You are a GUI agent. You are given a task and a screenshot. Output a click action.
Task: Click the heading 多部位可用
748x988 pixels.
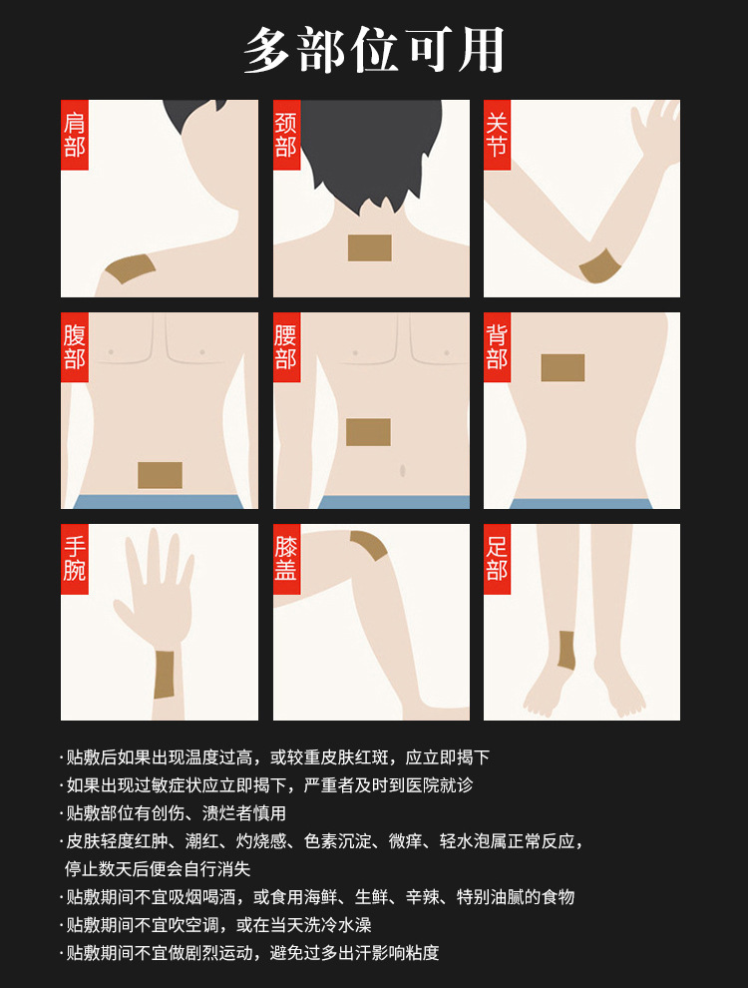[x=374, y=50]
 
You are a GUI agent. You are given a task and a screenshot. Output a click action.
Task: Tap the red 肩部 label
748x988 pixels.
[x=74, y=135]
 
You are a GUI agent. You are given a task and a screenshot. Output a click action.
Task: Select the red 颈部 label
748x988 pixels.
[x=286, y=135]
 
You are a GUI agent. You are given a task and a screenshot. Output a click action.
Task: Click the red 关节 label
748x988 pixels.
[x=497, y=135]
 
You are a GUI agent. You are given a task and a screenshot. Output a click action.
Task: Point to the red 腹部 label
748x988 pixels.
[x=74, y=347]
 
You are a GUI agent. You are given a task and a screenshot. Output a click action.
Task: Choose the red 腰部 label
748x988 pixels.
[x=286, y=347]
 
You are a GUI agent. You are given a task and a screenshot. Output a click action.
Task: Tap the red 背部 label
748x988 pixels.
[x=497, y=347]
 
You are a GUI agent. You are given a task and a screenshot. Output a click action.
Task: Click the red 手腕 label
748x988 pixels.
[x=74, y=559]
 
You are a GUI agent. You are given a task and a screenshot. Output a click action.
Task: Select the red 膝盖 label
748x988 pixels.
[x=286, y=559]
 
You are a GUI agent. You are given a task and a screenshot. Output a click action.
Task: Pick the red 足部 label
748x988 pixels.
[x=497, y=559]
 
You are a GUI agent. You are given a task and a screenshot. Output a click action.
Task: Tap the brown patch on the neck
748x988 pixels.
[x=370, y=247]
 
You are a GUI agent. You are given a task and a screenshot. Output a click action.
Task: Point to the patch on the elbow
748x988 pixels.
[x=599, y=266]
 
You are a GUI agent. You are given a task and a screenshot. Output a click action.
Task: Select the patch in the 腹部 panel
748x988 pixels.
[x=160, y=475]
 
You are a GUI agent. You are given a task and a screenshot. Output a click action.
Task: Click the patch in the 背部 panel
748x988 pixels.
[x=562, y=367]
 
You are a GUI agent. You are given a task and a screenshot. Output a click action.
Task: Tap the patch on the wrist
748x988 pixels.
[x=164, y=675]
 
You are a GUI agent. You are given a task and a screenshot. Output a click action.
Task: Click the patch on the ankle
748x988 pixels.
[x=566, y=650]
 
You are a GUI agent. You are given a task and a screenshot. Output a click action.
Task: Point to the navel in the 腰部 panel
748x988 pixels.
[x=402, y=471]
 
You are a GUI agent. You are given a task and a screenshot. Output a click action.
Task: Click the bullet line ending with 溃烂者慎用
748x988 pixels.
[x=174, y=812]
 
